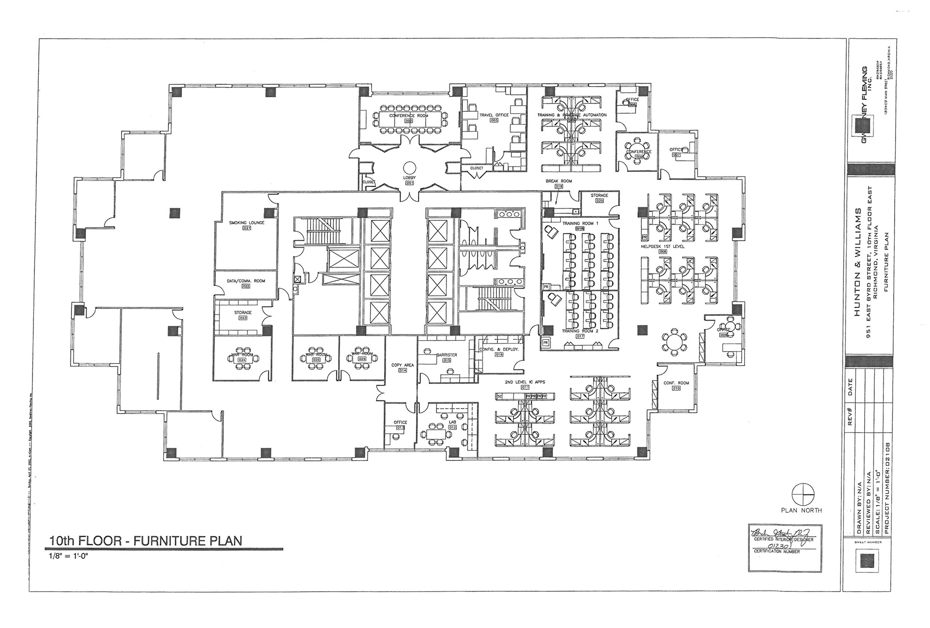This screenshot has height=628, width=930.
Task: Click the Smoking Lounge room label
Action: tap(247, 223)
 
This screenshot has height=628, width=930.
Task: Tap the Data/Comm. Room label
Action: tap(246, 281)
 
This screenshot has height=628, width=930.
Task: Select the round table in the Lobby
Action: tap(409, 168)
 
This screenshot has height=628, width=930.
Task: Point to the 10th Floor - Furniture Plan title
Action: tap(145, 540)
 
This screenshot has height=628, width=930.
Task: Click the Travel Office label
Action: tap(494, 115)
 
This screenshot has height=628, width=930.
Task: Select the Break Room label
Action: tap(559, 181)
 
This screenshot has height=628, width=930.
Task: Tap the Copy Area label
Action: tap(403, 365)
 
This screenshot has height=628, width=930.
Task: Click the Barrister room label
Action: tap(447, 355)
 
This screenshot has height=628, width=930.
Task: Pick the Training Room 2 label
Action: tap(580, 331)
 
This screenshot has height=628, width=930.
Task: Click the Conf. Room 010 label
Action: tap(676, 383)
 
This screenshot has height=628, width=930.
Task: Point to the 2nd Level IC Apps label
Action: tap(525, 382)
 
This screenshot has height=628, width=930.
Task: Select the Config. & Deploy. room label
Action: tap(499, 349)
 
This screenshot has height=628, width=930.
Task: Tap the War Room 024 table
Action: tap(242, 358)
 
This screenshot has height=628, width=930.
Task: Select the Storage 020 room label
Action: tap(599, 196)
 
